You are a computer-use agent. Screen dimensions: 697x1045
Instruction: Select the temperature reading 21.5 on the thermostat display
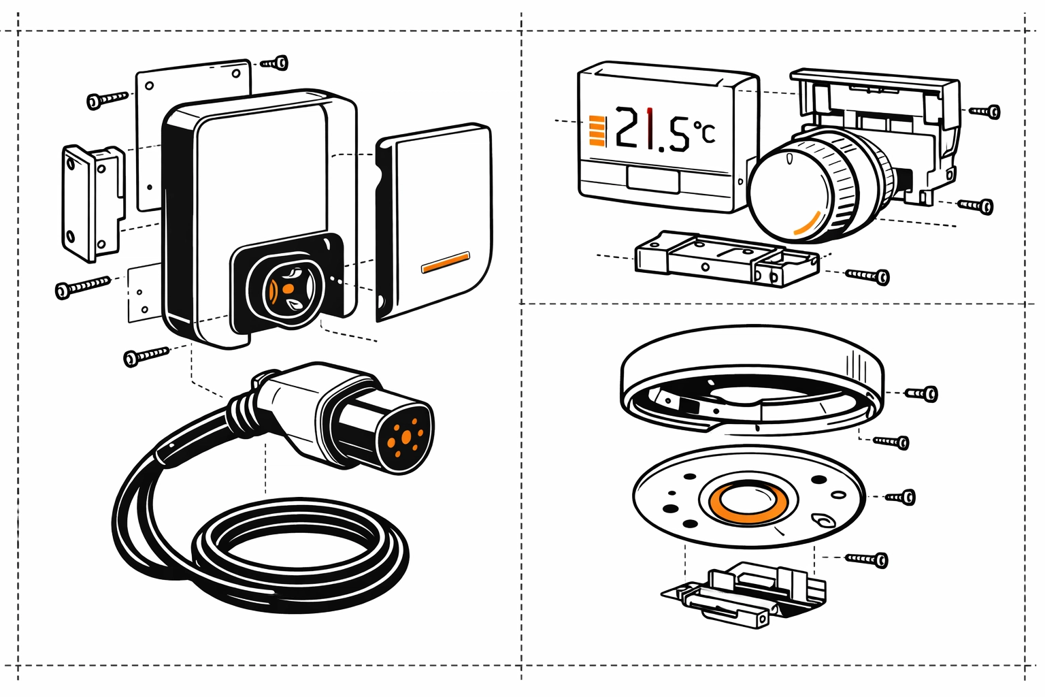click(652, 129)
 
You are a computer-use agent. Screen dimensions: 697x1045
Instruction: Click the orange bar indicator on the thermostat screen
click(597, 131)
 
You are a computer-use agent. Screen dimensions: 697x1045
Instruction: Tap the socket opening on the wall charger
click(288, 290)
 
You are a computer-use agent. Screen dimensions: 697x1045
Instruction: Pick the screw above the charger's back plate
click(276, 63)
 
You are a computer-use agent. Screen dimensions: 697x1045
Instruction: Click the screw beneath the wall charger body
click(146, 356)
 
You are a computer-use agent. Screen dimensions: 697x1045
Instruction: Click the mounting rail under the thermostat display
click(727, 259)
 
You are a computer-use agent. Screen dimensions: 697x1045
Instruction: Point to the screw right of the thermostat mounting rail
click(867, 276)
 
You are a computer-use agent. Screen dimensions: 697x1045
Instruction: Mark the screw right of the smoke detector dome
click(923, 393)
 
